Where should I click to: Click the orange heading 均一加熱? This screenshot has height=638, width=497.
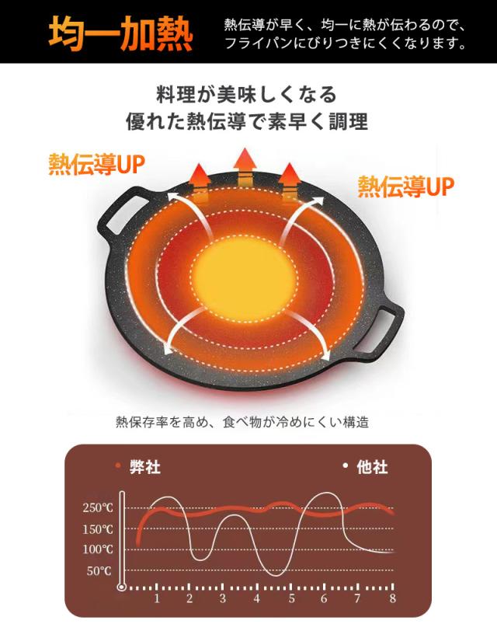click(x=120, y=33)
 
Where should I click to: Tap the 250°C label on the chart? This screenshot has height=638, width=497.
click(x=98, y=507)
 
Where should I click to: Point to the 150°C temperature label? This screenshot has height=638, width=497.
click(x=98, y=529)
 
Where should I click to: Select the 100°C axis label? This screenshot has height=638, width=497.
click(x=98, y=549)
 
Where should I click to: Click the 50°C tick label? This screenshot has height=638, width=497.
click(x=99, y=571)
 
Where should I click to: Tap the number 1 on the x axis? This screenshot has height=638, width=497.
click(x=157, y=598)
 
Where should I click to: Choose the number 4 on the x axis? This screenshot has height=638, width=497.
click(x=256, y=598)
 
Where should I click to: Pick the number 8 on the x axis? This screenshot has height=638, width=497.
click(x=392, y=598)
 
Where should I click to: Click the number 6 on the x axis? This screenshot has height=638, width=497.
click(x=324, y=598)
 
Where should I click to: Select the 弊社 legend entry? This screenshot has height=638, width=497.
click(x=138, y=467)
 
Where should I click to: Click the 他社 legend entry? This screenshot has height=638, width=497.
click(x=365, y=467)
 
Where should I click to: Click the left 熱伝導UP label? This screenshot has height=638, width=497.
click(x=97, y=165)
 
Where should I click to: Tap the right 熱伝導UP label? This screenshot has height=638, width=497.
click(x=406, y=187)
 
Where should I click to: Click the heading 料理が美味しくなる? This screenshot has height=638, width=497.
click(x=247, y=95)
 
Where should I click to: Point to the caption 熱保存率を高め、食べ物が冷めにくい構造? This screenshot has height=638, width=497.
click(x=242, y=422)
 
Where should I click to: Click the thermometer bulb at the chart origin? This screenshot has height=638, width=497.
click(x=122, y=587)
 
